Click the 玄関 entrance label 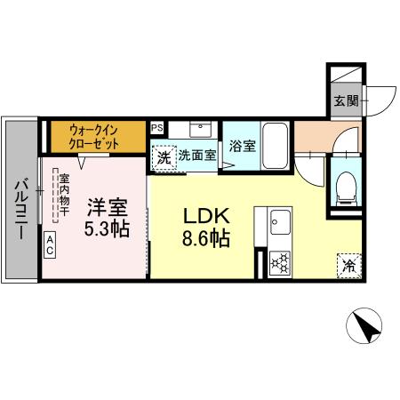coord(346,100)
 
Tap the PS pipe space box coord(157,128)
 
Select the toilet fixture coord(346,186)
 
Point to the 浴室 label coord(242,146)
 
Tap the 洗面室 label coord(196,156)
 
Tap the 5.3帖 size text coord(107,228)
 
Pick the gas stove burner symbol coord(278,262)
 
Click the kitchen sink coord(278,220)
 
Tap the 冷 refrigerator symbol coord(348,265)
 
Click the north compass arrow coord(365,326)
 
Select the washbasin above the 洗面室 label coord(196,130)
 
